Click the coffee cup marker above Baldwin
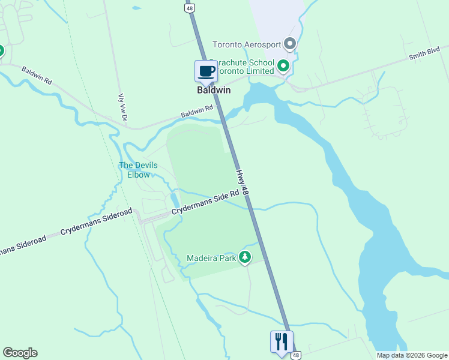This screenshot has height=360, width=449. click(206, 71)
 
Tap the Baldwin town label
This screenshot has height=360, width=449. click(212, 91)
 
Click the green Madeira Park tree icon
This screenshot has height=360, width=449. click(245, 257)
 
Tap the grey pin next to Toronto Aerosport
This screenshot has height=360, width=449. click(291, 44)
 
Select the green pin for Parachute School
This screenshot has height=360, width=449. click(283, 65)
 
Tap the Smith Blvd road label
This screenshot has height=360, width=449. click(424, 56)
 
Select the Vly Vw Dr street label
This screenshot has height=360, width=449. click(122, 108)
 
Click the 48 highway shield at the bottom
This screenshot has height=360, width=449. click(295, 355)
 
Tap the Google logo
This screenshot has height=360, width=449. click(20, 353)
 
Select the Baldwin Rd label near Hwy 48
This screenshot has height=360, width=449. click(198, 112)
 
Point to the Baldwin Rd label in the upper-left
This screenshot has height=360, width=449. click(37, 74)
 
